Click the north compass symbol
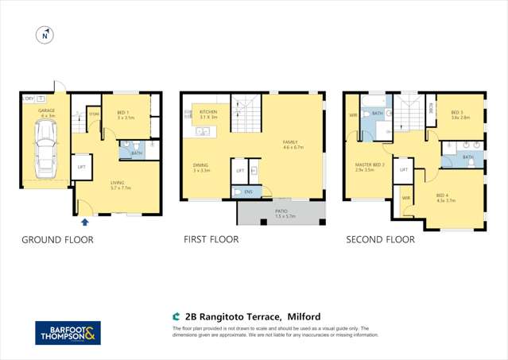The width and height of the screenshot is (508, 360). point(45,35)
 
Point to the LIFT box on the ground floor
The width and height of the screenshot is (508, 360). point(81,167)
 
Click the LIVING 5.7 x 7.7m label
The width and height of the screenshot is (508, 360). point(121,187)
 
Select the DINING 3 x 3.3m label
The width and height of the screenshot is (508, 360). point(200,168)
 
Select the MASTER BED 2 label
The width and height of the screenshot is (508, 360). point(370,167)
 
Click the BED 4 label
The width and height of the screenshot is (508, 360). point(445,197)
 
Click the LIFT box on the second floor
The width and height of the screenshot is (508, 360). point(404,169)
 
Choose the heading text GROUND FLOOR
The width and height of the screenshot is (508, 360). point(56,239)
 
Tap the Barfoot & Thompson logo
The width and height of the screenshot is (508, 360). point(68,332)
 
